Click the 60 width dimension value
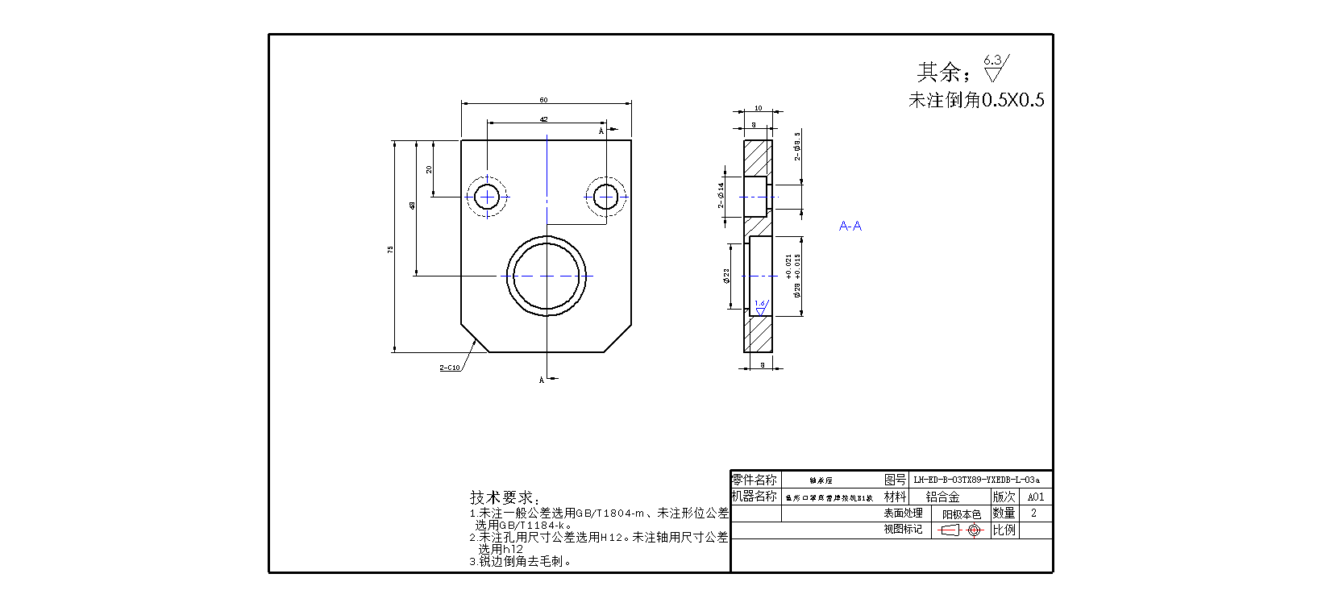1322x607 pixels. point(544,100)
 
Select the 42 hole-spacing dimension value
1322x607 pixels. point(544,119)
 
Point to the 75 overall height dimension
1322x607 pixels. point(391,250)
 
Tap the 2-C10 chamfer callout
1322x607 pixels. point(450,368)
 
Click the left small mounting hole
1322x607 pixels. point(487,197)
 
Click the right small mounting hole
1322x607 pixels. point(605,197)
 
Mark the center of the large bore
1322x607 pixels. point(547,276)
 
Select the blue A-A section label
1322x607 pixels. point(850,226)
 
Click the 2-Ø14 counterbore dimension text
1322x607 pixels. point(721,195)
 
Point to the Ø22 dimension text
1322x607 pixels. point(726,276)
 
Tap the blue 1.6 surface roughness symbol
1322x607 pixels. point(759,307)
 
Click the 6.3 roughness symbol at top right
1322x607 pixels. point(995,68)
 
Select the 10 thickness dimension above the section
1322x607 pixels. point(758,108)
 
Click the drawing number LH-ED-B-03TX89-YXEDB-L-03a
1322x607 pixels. point(976,480)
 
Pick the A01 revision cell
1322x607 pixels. point(1036,497)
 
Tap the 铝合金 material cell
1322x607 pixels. point(942,497)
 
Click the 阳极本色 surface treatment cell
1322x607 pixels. point(962,514)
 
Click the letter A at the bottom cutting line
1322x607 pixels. point(542,380)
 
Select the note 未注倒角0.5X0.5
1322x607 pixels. point(976,100)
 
